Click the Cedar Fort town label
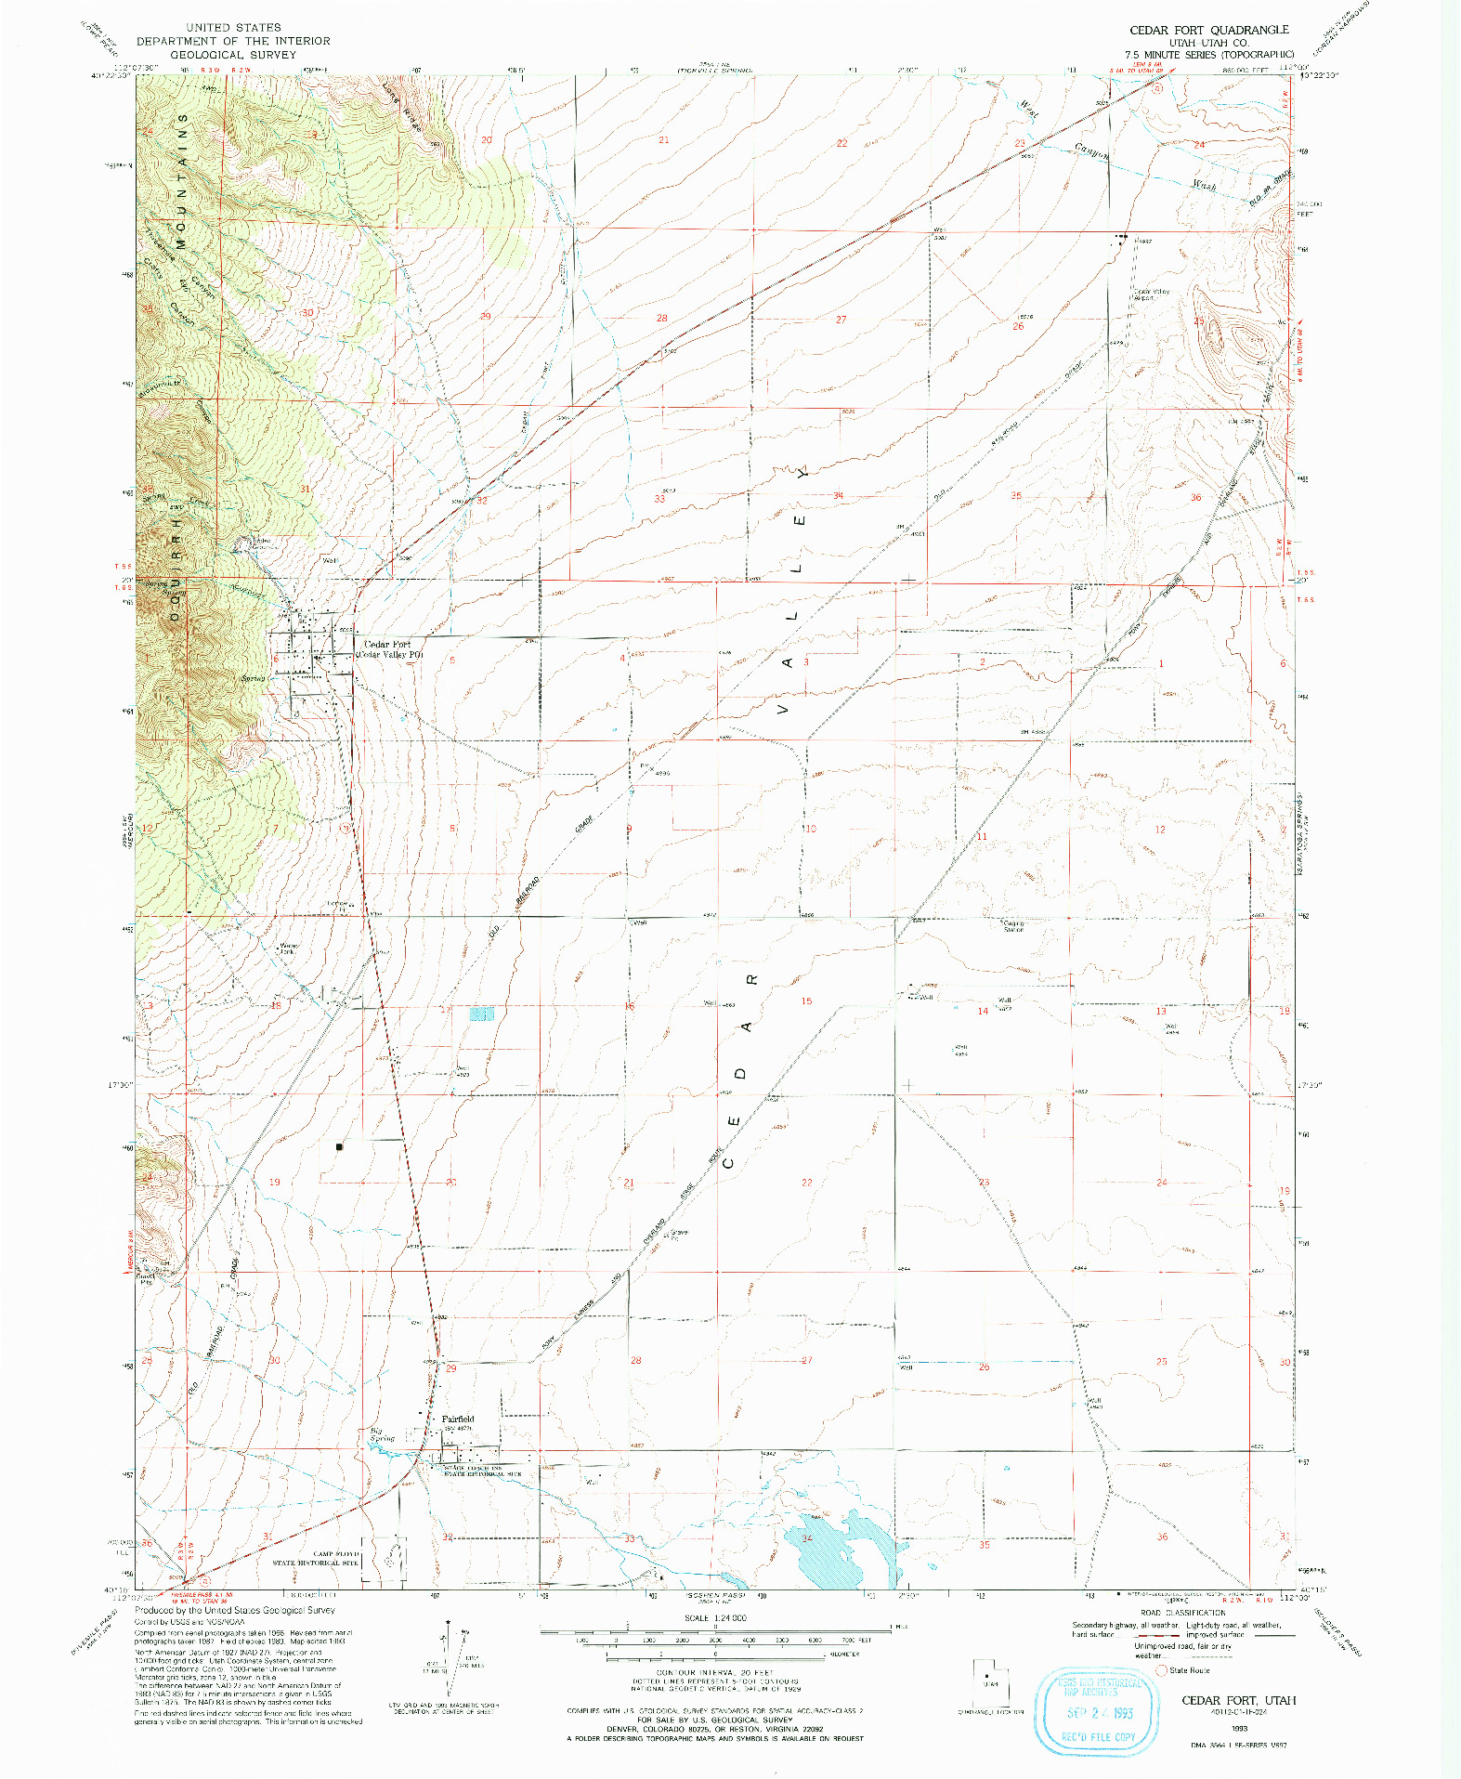[x=387, y=644]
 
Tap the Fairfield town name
[x=458, y=1419]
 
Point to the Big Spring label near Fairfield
[x=382, y=1434]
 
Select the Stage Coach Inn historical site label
[x=482, y=1471]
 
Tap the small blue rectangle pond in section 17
[x=481, y=1014]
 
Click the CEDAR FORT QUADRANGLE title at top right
[x=1208, y=30]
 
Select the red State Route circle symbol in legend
[x=1161, y=1669]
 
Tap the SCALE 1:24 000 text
[x=715, y=1617]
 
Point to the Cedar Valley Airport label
[x=1151, y=294]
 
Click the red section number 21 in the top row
[x=663, y=140]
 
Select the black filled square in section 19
[x=340, y=1146]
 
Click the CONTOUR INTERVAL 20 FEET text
[x=715, y=1672]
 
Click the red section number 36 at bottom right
[x=1161, y=1537]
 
